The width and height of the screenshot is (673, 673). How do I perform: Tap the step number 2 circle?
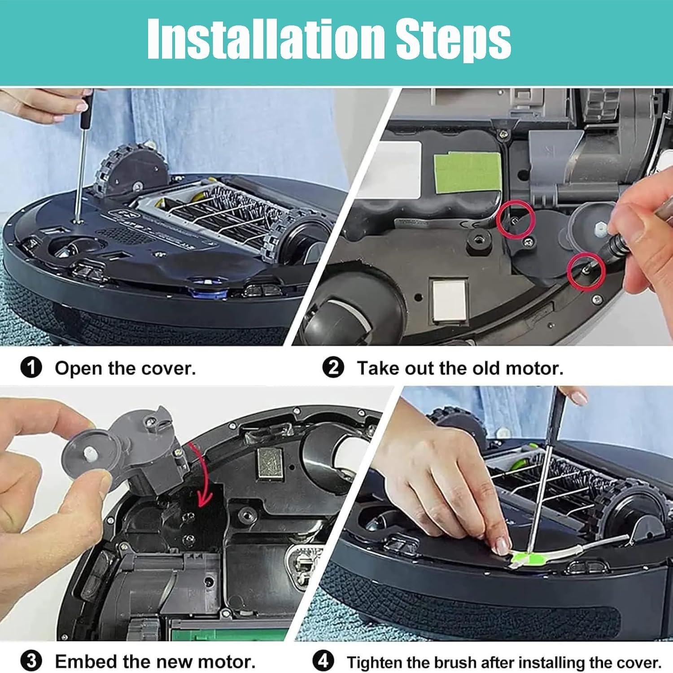pyautogui.click(x=333, y=368)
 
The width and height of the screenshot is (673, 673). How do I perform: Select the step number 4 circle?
pyautogui.click(x=323, y=661)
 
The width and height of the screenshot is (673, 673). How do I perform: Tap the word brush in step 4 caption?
pyautogui.click(x=453, y=663)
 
